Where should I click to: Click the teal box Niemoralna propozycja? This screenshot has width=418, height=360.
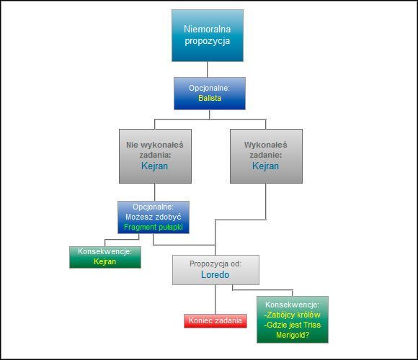click(x=207, y=36)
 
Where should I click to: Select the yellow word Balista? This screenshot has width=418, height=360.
click(x=209, y=98)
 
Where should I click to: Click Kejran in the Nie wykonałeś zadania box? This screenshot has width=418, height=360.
click(x=154, y=166)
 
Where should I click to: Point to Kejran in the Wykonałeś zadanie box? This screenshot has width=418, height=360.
click(x=266, y=166)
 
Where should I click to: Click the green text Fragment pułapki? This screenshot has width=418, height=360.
click(x=154, y=228)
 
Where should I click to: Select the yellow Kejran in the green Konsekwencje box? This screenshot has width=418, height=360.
click(x=105, y=262)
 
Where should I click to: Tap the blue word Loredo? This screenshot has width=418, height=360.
click(x=215, y=275)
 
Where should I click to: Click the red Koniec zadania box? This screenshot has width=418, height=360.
click(x=215, y=321)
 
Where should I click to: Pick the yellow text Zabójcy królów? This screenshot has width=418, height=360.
click(x=292, y=315)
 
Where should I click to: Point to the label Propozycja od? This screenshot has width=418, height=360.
click(x=215, y=264)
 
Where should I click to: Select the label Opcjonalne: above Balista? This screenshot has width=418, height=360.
click(x=209, y=87)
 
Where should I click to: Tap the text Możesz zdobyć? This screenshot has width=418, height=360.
click(x=154, y=217)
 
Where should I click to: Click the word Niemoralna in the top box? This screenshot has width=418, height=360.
click(x=207, y=30)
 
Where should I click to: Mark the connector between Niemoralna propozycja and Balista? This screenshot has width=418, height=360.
click(x=208, y=69)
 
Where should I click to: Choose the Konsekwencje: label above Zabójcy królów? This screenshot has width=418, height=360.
click(x=292, y=305)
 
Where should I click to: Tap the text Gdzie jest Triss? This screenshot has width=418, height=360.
click(x=292, y=325)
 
